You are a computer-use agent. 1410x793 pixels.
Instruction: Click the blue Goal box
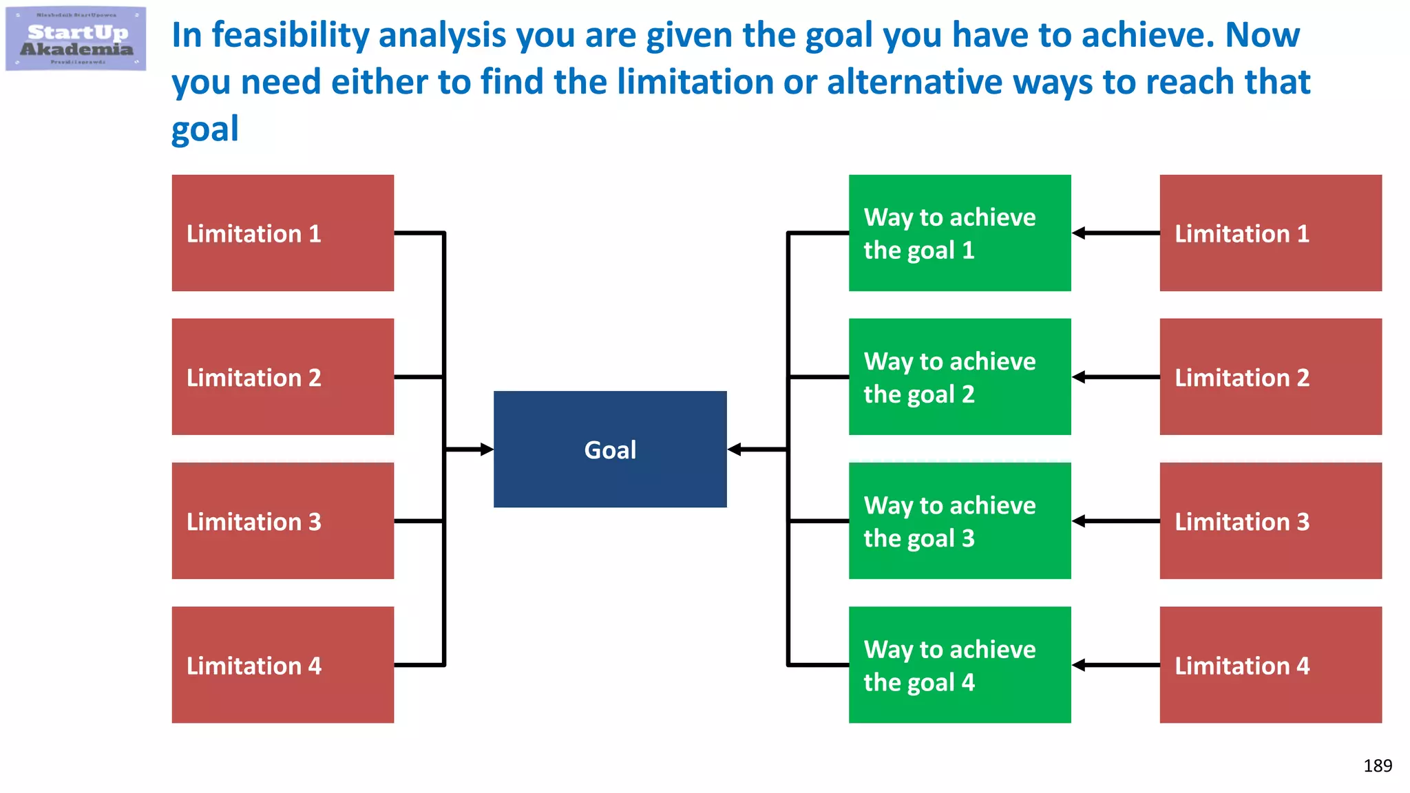(x=610, y=450)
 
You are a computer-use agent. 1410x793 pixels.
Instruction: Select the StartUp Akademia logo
(x=76, y=39)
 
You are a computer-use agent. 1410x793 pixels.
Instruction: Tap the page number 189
(x=1377, y=765)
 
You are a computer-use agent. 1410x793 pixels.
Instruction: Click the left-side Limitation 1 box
(x=282, y=233)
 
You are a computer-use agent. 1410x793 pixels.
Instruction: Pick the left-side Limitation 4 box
(x=282, y=665)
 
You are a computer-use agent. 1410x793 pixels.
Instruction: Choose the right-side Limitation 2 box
(x=1270, y=377)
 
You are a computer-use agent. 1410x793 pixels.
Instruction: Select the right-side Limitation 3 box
(x=1270, y=521)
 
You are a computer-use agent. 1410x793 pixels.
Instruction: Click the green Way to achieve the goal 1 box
(x=960, y=233)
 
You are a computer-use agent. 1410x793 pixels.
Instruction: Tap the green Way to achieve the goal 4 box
(x=960, y=665)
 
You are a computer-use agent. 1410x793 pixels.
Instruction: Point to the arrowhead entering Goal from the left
(x=487, y=450)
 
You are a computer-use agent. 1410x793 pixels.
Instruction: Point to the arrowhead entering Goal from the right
(x=734, y=450)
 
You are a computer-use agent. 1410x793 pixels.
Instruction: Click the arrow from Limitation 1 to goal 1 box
(x=1115, y=233)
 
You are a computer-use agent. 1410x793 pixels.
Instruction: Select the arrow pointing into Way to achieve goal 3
(x=1115, y=521)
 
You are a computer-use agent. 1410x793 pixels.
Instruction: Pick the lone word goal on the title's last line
(x=204, y=129)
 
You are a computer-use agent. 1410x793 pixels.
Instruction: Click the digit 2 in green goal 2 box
(x=968, y=394)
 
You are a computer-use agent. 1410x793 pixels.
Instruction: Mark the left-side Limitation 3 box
(x=282, y=521)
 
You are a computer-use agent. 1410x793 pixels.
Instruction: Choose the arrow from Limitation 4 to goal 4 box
(x=1115, y=665)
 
